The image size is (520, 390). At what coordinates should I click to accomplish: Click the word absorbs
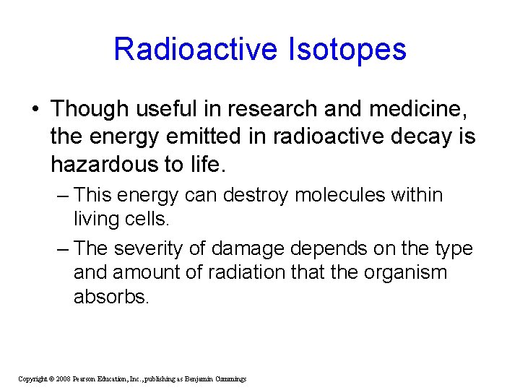click(x=110, y=297)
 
